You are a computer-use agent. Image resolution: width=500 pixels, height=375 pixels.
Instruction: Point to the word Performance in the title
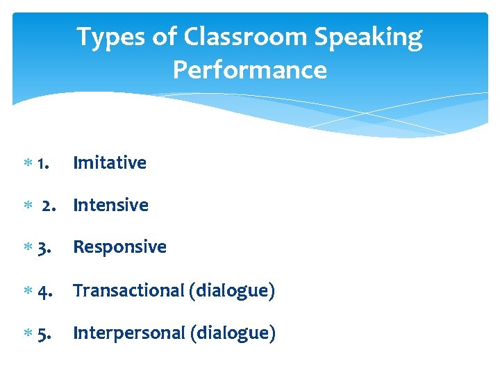point(250,70)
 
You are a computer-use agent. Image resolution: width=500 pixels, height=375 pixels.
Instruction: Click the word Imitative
point(110,163)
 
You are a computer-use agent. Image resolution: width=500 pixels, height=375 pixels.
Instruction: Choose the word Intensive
point(110,206)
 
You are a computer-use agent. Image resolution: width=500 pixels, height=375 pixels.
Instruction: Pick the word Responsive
point(119,247)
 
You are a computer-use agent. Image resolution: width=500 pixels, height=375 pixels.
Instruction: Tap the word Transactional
point(128,291)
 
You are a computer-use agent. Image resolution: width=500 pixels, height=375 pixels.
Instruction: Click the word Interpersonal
point(128,333)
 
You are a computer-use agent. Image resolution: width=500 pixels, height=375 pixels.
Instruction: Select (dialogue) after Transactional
point(232,291)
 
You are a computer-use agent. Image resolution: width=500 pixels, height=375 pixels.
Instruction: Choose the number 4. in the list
point(44,291)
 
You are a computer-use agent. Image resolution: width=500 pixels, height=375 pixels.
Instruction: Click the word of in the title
point(165,37)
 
